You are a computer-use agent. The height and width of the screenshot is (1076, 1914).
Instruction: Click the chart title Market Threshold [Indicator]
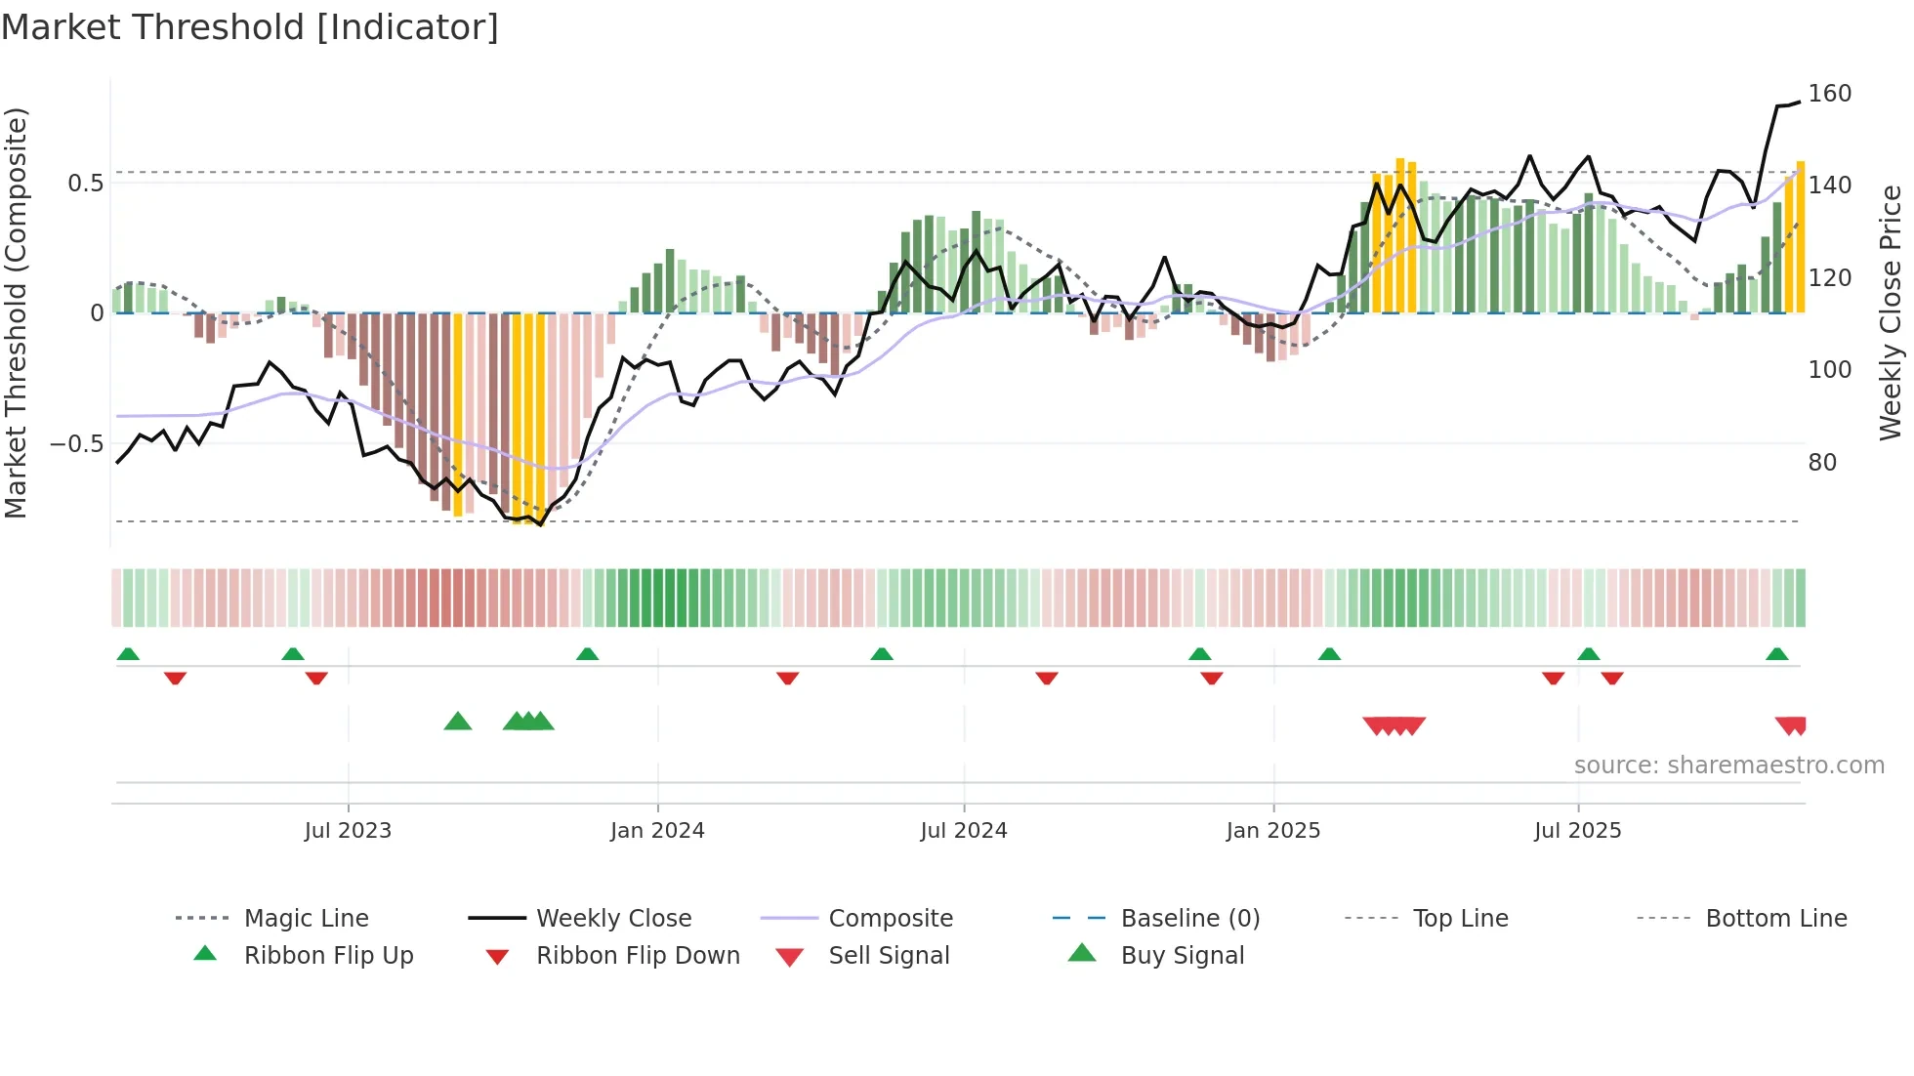pos(250,27)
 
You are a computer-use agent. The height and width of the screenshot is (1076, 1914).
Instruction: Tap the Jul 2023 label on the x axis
pos(348,831)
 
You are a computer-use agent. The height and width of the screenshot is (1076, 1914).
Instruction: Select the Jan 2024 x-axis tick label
pos(657,831)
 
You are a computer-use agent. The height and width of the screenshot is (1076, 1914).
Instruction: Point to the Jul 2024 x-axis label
pos(963,831)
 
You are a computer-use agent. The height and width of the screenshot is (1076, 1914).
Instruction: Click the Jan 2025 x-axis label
pos(1272,831)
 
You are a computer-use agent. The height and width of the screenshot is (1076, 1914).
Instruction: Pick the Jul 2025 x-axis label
pos(1577,831)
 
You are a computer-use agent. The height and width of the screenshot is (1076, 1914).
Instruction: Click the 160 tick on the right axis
pos(1829,94)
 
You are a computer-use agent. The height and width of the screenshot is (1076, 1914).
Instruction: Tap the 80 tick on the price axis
pos(1821,462)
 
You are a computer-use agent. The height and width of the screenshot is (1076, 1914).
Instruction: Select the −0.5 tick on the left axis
pos(76,444)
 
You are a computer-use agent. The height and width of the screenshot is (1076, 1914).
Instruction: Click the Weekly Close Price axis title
pos(1891,312)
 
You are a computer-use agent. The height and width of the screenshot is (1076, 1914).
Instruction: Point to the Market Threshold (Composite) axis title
pos(16,312)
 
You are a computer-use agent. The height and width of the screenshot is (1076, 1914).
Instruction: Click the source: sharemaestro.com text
pos(1728,766)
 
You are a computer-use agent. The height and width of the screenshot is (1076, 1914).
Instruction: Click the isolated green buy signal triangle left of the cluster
pos(457,722)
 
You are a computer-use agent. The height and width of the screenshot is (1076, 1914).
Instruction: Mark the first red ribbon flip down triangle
pos(175,678)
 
